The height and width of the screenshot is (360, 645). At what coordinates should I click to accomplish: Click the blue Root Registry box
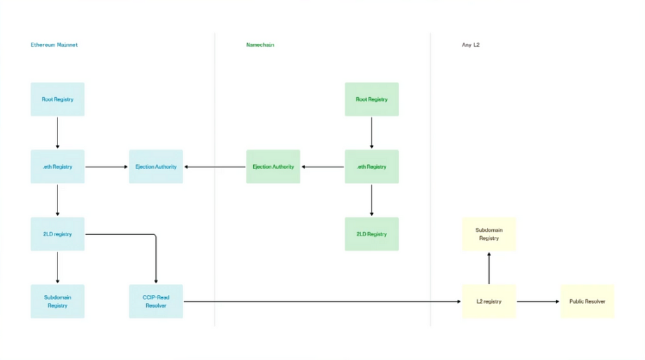57,99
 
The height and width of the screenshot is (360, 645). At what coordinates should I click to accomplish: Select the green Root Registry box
371,99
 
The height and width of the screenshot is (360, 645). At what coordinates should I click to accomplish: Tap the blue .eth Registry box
57,166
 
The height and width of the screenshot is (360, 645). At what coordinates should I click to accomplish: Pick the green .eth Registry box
371,166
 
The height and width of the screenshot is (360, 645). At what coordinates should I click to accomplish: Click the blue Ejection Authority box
156,166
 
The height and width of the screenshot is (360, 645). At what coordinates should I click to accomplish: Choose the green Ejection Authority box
273,166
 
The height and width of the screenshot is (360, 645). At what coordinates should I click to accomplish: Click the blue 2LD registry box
57,234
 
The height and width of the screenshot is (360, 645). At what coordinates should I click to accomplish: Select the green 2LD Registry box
371,234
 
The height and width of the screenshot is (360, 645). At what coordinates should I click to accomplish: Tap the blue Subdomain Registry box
57,301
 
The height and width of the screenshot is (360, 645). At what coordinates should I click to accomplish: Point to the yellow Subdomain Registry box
489,234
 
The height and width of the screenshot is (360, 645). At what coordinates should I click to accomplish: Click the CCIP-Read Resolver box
156,301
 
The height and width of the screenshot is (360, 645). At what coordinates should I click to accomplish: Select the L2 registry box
489,301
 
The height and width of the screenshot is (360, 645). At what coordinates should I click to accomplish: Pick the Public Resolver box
587,301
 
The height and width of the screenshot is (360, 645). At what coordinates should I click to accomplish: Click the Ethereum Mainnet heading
54,45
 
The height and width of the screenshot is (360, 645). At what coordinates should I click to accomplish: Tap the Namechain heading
260,45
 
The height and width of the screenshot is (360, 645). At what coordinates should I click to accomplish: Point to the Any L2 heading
471,45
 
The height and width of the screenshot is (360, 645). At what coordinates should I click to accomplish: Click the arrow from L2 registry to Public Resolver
538,301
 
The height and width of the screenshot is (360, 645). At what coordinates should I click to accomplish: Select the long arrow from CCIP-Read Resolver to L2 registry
322,301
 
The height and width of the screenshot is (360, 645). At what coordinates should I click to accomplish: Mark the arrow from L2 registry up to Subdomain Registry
489,268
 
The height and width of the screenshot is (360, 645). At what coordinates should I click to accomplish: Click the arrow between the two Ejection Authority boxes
215,167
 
